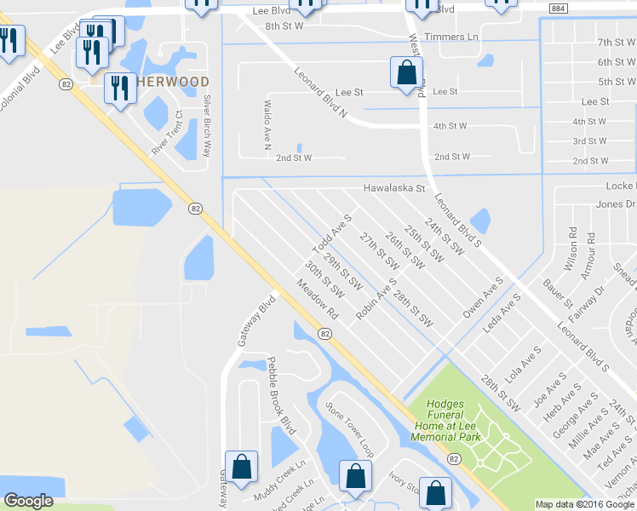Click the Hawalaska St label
pos(393,188)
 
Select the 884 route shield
pos(558,9)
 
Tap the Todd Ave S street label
pos(331,234)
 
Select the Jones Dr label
pos(616,204)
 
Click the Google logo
pos(29,501)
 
